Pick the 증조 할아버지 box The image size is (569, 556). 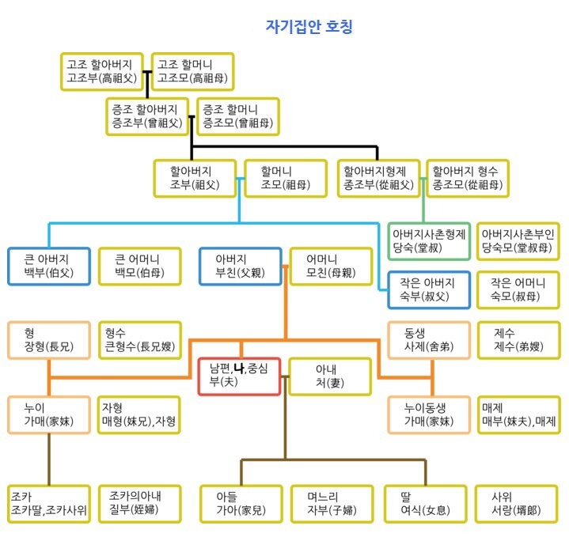click(148, 115)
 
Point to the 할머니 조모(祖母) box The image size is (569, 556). click(285, 178)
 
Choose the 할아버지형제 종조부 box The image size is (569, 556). click(379, 178)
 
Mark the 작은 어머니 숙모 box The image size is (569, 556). click(518, 289)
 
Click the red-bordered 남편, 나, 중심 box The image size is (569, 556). click(240, 376)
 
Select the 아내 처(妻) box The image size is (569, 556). click(329, 376)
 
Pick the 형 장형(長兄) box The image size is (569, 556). click(48, 340)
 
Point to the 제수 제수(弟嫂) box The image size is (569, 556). click(518, 340)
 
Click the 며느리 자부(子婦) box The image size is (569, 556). click(329, 503)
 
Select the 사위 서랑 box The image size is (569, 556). click(518, 503)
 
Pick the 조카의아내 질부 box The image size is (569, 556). click(138, 503)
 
